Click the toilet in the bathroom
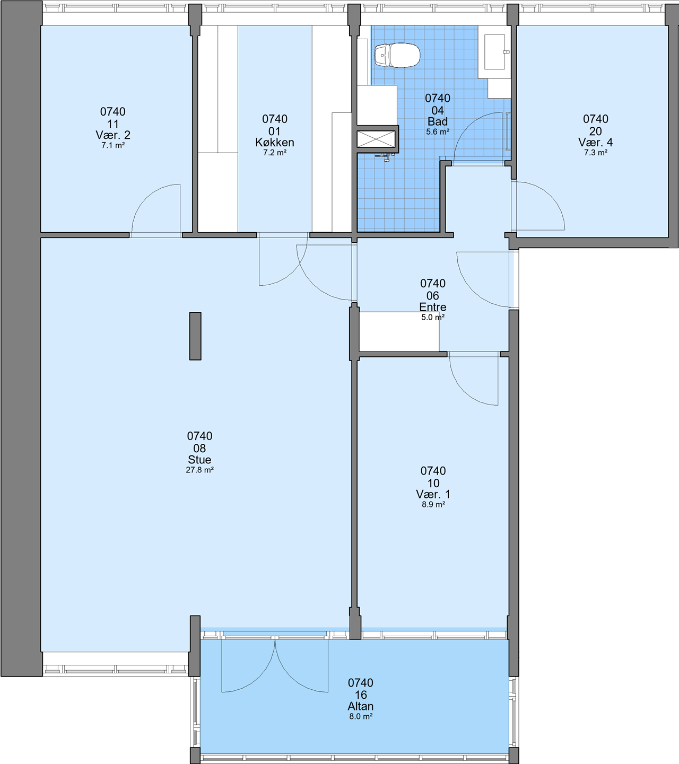(x=397, y=56)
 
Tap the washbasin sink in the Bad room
(x=494, y=52)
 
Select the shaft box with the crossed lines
(x=376, y=139)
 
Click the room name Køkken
(x=274, y=143)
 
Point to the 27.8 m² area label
(x=199, y=470)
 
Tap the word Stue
(x=199, y=460)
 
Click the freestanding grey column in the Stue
(x=195, y=336)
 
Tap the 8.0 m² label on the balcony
(x=361, y=716)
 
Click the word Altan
(x=361, y=706)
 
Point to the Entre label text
(x=433, y=307)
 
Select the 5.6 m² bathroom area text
(x=438, y=132)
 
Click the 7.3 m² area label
(x=596, y=153)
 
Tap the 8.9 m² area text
(x=433, y=505)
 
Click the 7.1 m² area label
(x=113, y=145)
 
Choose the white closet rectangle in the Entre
(x=399, y=331)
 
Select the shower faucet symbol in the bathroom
(x=386, y=156)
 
